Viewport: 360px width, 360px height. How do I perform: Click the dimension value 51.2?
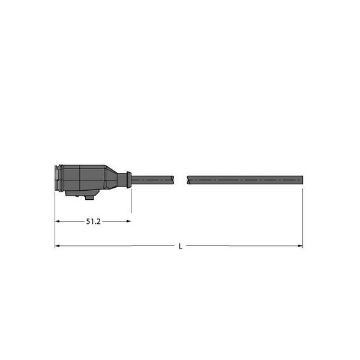coord(93,221)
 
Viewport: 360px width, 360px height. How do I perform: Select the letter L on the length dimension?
coord(181,246)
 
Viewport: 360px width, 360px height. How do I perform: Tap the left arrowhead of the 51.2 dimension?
coord(58,221)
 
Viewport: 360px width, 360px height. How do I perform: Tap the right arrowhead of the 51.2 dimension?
coord(128,221)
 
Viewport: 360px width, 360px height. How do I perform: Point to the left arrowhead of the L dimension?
coord(58,245)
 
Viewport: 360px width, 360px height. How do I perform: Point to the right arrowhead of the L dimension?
coord(300,245)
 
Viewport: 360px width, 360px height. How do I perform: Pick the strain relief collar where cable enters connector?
coord(125,179)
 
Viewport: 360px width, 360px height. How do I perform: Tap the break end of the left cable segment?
coord(173,179)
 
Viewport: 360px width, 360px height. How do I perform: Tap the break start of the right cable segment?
coord(189,179)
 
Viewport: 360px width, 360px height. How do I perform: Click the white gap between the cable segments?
coord(181,179)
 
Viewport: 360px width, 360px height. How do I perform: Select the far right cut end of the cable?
coord(301,179)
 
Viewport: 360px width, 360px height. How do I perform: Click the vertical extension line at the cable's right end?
coord(302,216)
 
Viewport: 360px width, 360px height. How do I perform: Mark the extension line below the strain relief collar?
coord(131,201)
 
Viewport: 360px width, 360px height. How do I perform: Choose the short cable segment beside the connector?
coord(151,179)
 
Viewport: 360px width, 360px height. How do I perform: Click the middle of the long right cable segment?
coord(245,179)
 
